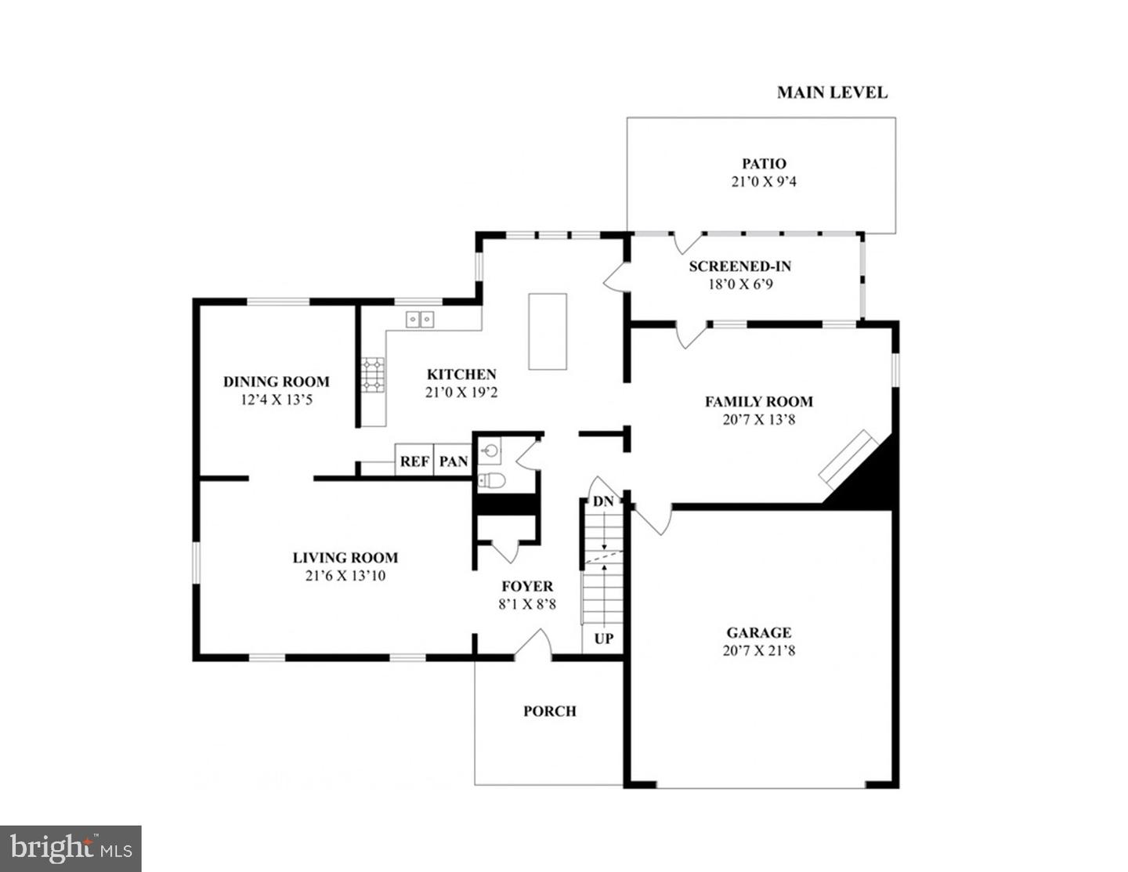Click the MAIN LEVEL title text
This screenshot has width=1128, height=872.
pos(832,92)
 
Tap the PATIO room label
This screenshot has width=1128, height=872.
pos(764,164)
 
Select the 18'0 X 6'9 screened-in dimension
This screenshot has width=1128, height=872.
pos(740,284)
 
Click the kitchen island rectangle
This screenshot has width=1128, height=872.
pos(548,331)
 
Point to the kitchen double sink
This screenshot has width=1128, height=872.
pos(420,319)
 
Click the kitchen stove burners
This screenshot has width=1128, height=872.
pos(373,374)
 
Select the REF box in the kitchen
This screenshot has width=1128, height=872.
pos(414,461)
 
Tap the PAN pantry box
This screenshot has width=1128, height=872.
pos(453,461)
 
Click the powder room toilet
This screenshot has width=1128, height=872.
pos(491,480)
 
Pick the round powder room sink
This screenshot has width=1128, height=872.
pos(490,450)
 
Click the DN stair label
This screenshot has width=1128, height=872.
pos(602,501)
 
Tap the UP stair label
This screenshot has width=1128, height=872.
pos(603,639)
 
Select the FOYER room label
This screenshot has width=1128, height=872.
pos(527,586)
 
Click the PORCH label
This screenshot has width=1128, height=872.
pos(549,711)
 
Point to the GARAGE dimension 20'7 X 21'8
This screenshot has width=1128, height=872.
pos(758,650)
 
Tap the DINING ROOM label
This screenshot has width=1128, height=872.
pos(276,382)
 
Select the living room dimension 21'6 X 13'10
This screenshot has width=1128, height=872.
pos(345,576)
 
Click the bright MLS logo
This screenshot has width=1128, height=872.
pos(70,848)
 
